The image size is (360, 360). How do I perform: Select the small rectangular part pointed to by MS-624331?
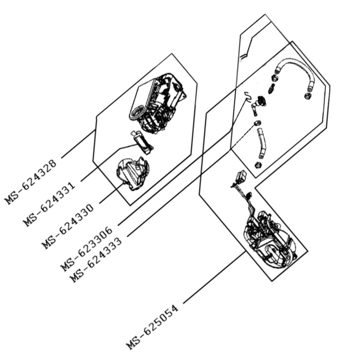[x=143, y=140]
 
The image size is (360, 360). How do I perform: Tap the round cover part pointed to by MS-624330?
[x=132, y=171]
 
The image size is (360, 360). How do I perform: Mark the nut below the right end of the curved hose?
[x=307, y=95]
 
